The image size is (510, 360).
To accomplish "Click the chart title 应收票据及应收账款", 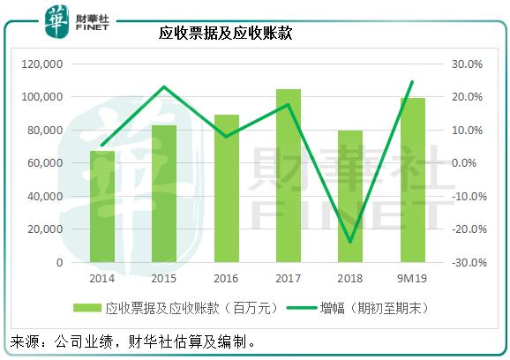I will coord(225,34).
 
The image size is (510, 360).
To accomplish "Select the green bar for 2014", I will coord(102,206).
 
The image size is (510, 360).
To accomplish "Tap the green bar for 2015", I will coord(164,194).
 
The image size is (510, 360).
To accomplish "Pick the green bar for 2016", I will coord(227,189).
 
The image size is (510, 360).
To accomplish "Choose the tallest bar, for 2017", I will coord(289,176).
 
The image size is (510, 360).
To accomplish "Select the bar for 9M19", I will coord(412,180).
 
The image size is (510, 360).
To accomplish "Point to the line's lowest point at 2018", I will coord(350,242).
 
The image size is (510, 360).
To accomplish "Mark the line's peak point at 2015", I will coord(164,86).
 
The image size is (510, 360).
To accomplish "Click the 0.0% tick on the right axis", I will coord(469,163).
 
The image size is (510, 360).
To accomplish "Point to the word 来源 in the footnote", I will coord(26,341).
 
